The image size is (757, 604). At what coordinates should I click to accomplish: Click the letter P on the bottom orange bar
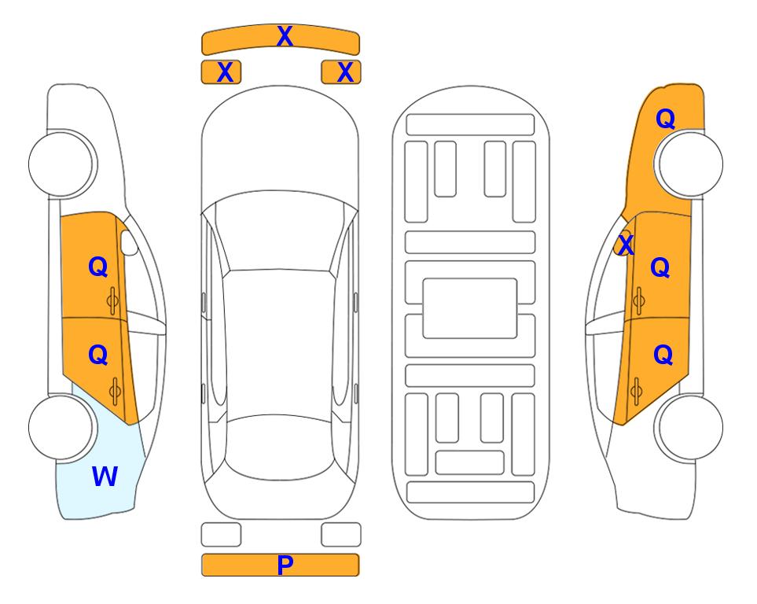click(285, 565)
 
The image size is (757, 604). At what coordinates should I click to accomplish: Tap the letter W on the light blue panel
click(105, 476)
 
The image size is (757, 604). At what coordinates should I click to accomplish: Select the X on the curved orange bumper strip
click(285, 35)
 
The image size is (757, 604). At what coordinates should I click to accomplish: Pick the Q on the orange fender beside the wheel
click(665, 119)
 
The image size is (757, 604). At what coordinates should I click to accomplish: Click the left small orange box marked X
click(221, 72)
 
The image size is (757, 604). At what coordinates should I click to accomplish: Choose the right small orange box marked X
click(341, 72)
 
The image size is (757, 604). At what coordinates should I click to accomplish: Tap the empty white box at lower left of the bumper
click(221, 535)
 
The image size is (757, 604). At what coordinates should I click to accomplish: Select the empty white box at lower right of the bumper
click(341, 535)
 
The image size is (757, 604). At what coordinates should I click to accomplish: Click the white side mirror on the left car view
click(129, 242)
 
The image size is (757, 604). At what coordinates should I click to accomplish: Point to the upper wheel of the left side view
click(61, 164)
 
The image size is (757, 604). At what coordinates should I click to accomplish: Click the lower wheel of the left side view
click(61, 428)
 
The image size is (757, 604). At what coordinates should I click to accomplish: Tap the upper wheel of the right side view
click(690, 164)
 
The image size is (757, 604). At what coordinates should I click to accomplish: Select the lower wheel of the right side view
click(690, 428)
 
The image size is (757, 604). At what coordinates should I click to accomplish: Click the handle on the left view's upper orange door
click(113, 301)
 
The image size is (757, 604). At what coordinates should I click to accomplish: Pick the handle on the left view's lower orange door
click(115, 392)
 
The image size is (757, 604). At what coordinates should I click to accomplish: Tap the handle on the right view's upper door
click(638, 301)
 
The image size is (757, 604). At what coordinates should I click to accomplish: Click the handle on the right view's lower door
click(637, 392)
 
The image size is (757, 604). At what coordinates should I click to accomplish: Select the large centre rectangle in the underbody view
click(470, 308)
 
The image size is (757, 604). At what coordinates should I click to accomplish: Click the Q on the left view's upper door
click(97, 267)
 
